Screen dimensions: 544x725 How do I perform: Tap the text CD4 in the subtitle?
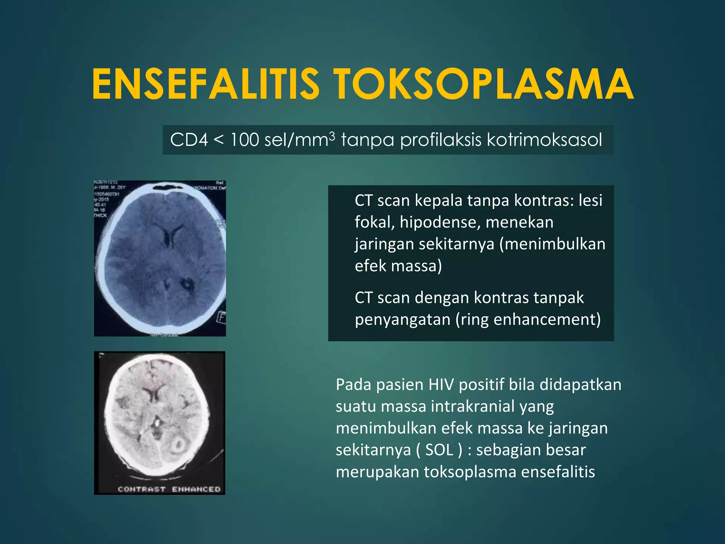point(189,140)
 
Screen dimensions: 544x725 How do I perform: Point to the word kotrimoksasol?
point(544,140)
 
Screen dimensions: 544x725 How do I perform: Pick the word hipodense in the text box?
point(440,222)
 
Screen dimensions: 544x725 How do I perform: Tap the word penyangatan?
point(402,319)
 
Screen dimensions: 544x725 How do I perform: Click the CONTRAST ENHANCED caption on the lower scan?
point(169,489)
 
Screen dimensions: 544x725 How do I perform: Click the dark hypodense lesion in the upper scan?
point(185,283)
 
